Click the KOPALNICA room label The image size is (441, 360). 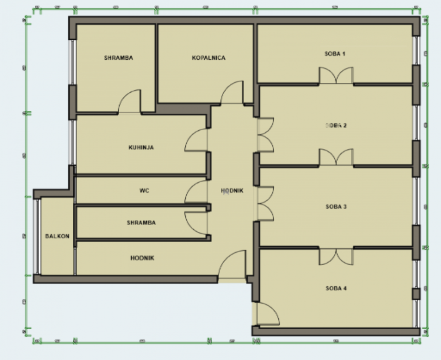(208, 58)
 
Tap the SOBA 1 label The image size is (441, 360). (335, 54)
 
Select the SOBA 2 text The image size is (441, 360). (336, 125)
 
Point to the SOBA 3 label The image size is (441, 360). (336, 207)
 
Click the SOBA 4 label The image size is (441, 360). (336, 288)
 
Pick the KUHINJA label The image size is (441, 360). (141, 147)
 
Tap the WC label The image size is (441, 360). (144, 191)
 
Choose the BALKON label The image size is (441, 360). (57, 236)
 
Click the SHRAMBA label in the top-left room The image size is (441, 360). (119, 58)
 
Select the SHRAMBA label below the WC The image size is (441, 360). (141, 223)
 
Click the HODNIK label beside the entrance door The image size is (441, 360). (142, 258)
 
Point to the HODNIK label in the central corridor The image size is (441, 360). (232, 191)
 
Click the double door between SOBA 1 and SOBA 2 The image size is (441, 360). (336, 76)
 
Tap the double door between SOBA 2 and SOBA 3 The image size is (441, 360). (336, 158)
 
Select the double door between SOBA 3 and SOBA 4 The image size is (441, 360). (336, 257)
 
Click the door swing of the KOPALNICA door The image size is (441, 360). (233, 93)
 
